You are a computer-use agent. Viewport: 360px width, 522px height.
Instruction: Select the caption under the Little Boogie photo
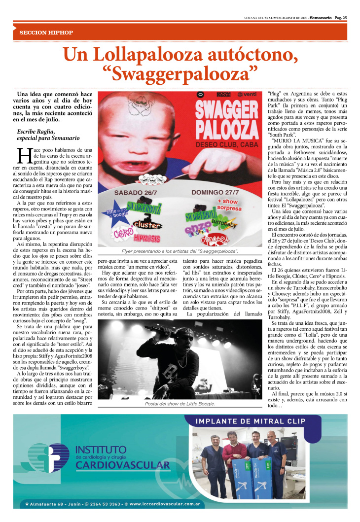pos(180,403)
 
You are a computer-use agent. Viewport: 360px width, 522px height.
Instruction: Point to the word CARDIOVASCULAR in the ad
pos(123,465)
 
